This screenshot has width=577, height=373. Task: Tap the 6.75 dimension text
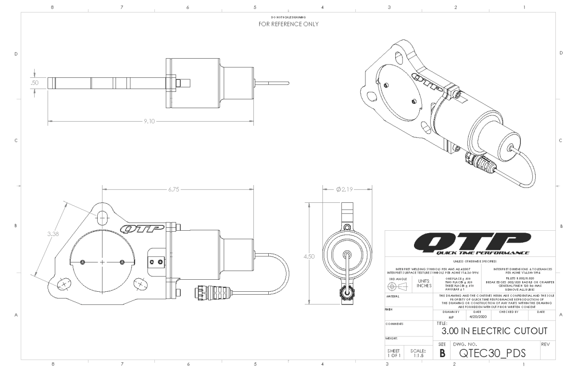pos(173,190)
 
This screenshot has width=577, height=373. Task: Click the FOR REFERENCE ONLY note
pos(288,24)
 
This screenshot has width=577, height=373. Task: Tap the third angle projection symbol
pos(399,285)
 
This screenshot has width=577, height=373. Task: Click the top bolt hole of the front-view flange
pos(102,217)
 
